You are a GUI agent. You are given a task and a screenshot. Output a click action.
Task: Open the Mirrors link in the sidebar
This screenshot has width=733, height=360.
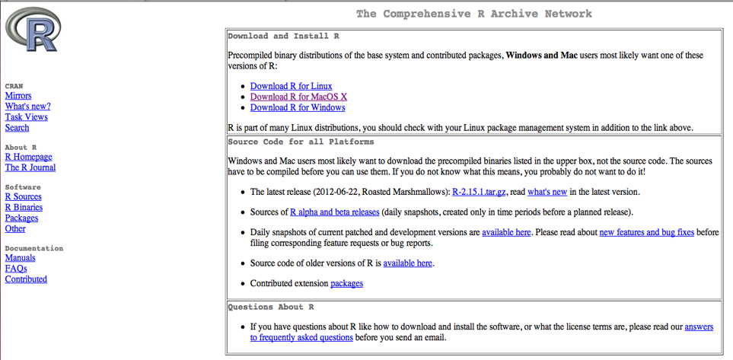[18, 96]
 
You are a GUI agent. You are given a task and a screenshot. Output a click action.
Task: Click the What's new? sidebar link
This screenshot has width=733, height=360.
[27, 107]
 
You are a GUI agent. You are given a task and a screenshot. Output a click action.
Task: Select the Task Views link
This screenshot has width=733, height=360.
[26, 117]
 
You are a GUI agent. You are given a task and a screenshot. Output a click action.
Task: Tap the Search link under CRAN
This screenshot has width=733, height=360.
[17, 128]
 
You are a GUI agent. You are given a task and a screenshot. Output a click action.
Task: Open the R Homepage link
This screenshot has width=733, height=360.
[28, 157]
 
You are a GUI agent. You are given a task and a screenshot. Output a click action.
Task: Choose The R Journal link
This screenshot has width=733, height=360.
[30, 167]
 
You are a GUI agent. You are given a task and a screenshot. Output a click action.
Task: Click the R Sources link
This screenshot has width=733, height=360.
[23, 196]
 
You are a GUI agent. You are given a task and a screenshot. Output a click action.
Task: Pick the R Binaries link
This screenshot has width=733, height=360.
[24, 207]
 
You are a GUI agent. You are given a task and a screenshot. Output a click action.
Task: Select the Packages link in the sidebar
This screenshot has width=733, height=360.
[21, 218]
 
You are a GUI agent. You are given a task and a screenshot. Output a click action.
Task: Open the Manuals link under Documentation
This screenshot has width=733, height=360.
[20, 258]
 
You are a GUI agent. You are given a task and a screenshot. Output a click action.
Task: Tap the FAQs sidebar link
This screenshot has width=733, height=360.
[16, 269]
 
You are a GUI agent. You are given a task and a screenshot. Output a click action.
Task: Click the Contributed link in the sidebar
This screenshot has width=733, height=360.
[26, 279]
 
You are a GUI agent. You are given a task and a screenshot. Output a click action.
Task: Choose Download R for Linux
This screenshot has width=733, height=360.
[291, 86]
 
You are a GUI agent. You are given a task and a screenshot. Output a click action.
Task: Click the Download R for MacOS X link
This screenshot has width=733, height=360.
[298, 97]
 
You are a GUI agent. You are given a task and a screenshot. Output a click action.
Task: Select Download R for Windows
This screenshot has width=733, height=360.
[298, 107]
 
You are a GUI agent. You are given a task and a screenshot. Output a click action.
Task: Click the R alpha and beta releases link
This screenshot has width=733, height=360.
[334, 212]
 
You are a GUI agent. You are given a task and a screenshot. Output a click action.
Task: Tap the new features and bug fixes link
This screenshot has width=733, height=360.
[646, 232]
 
